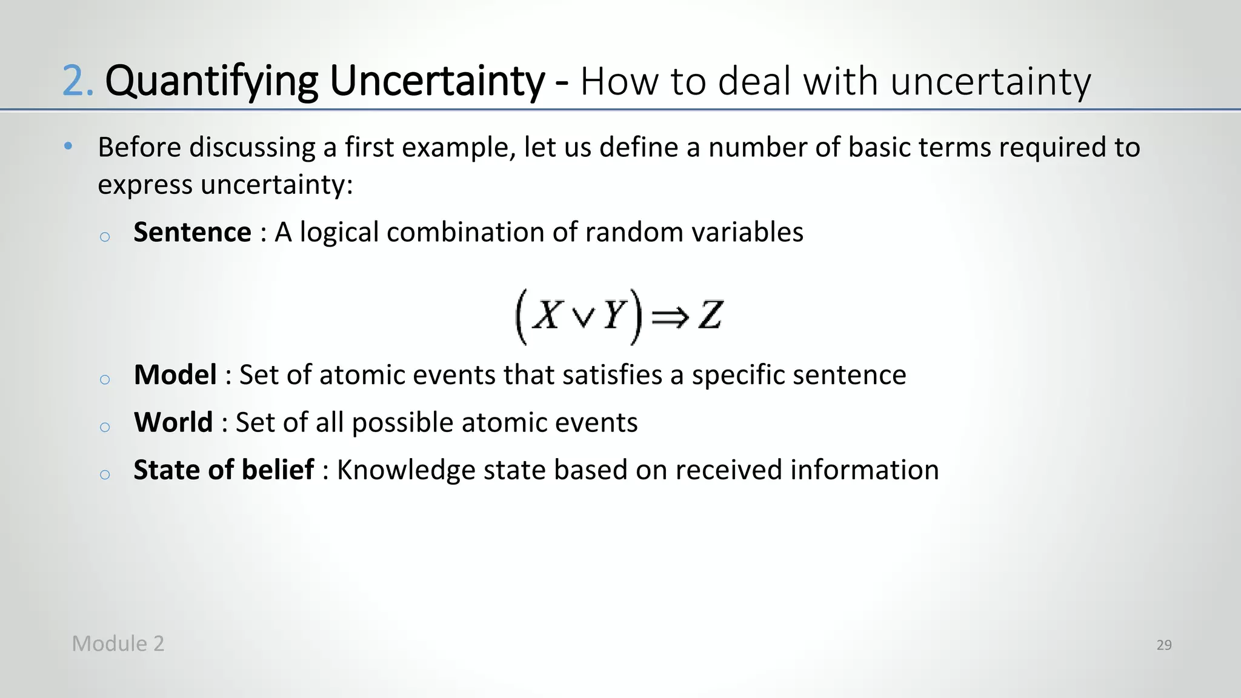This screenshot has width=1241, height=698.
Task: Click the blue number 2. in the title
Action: point(78,81)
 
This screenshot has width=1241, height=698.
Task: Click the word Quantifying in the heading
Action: point(211,81)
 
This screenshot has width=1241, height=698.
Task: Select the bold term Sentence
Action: point(192,232)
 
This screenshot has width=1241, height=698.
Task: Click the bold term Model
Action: point(175,375)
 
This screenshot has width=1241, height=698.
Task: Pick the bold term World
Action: point(173,422)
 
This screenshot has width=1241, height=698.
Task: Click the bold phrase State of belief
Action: point(224,470)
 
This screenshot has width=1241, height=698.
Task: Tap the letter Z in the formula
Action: point(710,316)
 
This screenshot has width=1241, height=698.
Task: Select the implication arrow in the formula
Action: point(670,317)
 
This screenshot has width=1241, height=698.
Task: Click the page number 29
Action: point(1163,645)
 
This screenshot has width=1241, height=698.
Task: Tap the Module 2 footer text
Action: point(118,643)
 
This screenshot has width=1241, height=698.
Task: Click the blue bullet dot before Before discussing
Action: point(68,146)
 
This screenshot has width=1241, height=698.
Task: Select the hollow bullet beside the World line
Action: point(105,427)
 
